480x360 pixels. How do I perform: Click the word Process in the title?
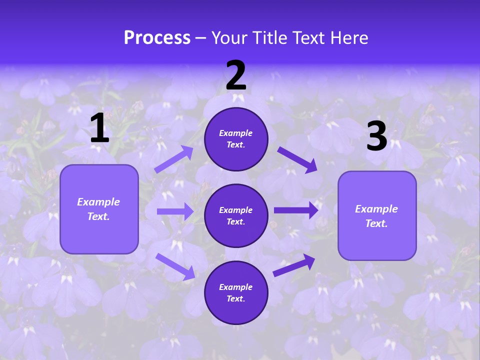tap(157, 37)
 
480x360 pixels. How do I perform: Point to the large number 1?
tap(99, 128)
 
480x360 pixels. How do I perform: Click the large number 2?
tap(236, 75)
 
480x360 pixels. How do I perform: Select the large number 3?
tap(376, 136)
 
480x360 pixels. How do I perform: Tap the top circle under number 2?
tap(236, 139)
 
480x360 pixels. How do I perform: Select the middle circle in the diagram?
tap(236, 215)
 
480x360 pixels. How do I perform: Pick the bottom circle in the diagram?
tap(236, 292)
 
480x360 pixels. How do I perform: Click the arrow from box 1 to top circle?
tap(173, 160)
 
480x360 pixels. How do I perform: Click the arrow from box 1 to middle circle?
tap(175, 211)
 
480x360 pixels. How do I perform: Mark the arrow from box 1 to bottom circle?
tap(175, 265)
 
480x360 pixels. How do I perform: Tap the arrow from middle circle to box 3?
tap(296, 210)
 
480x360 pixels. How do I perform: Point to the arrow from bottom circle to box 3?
tap(294, 265)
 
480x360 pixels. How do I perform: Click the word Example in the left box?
tap(98, 202)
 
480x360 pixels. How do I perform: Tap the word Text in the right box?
tap(375, 223)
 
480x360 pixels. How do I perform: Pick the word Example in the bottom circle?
tap(235, 287)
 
